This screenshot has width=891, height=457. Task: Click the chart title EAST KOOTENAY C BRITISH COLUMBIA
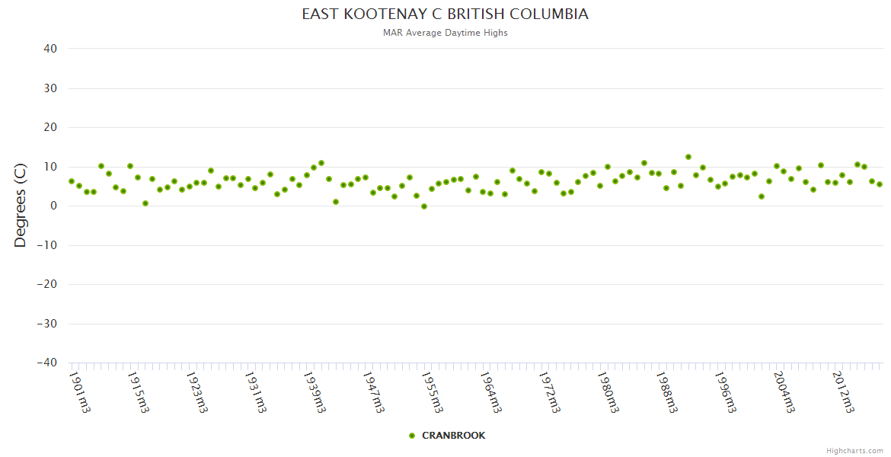click(x=445, y=14)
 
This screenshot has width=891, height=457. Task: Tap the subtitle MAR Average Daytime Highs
click(x=445, y=33)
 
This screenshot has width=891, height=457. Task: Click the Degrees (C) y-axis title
click(x=21, y=206)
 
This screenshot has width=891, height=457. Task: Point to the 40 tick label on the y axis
click(x=50, y=49)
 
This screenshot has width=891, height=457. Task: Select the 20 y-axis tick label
click(x=50, y=127)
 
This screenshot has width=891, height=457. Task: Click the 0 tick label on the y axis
click(x=54, y=206)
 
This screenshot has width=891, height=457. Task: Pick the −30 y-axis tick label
click(x=46, y=324)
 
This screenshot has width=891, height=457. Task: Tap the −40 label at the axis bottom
click(x=46, y=363)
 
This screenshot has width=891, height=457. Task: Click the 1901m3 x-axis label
click(x=80, y=391)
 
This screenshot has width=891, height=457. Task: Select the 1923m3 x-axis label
click(x=197, y=391)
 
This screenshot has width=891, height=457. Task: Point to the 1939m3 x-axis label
click(x=315, y=391)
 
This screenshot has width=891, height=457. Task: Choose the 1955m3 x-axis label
click(x=432, y=391)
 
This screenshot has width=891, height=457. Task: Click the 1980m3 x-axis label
click(x=608, y=391)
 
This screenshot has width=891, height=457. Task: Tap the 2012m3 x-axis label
click(x=843, y=391)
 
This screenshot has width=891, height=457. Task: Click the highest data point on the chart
click(x=688, y=157)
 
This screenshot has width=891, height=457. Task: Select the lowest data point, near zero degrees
click(x=424, y=206)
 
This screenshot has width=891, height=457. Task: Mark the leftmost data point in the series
click(x=72, y=181)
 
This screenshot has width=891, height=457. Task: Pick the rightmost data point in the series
click(x=879, y=184)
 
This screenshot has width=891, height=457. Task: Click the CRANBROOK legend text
click(x=453, y=436)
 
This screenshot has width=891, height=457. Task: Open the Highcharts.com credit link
click(x=854, y=450)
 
